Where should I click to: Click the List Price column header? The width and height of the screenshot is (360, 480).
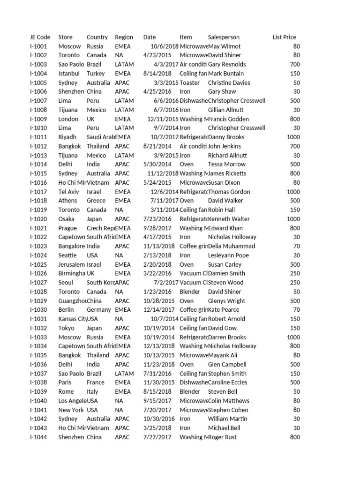(284, 37)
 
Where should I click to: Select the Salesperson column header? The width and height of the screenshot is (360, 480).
(224, 37)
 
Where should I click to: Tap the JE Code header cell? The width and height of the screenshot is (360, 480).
(40, 37)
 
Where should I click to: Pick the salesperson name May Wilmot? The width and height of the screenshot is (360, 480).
(224, 46)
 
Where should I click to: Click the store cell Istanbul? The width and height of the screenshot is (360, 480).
(69, 74)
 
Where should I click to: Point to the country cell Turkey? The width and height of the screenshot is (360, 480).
(96, 74)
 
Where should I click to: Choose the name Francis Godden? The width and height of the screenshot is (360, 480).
(230, 119)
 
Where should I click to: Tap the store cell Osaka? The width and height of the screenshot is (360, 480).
(66, 219)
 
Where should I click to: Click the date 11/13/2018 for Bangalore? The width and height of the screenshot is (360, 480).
(159, 246)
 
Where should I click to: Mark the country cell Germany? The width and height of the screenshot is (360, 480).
(98, 310)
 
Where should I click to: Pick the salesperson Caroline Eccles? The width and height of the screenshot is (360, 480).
(230, 382)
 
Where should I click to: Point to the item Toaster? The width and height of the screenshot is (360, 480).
(189, 82)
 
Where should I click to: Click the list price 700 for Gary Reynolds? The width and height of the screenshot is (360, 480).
(294, 64)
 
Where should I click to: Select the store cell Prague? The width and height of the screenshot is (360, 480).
(67, 228)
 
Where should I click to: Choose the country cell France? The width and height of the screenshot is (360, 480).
(96, 382)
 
